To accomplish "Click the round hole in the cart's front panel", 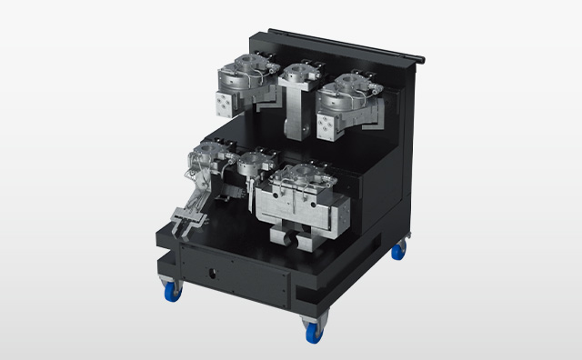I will pyautogui.click(x=213, y=270).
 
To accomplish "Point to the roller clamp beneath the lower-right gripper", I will pyautogui.click(x=290, y=238).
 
